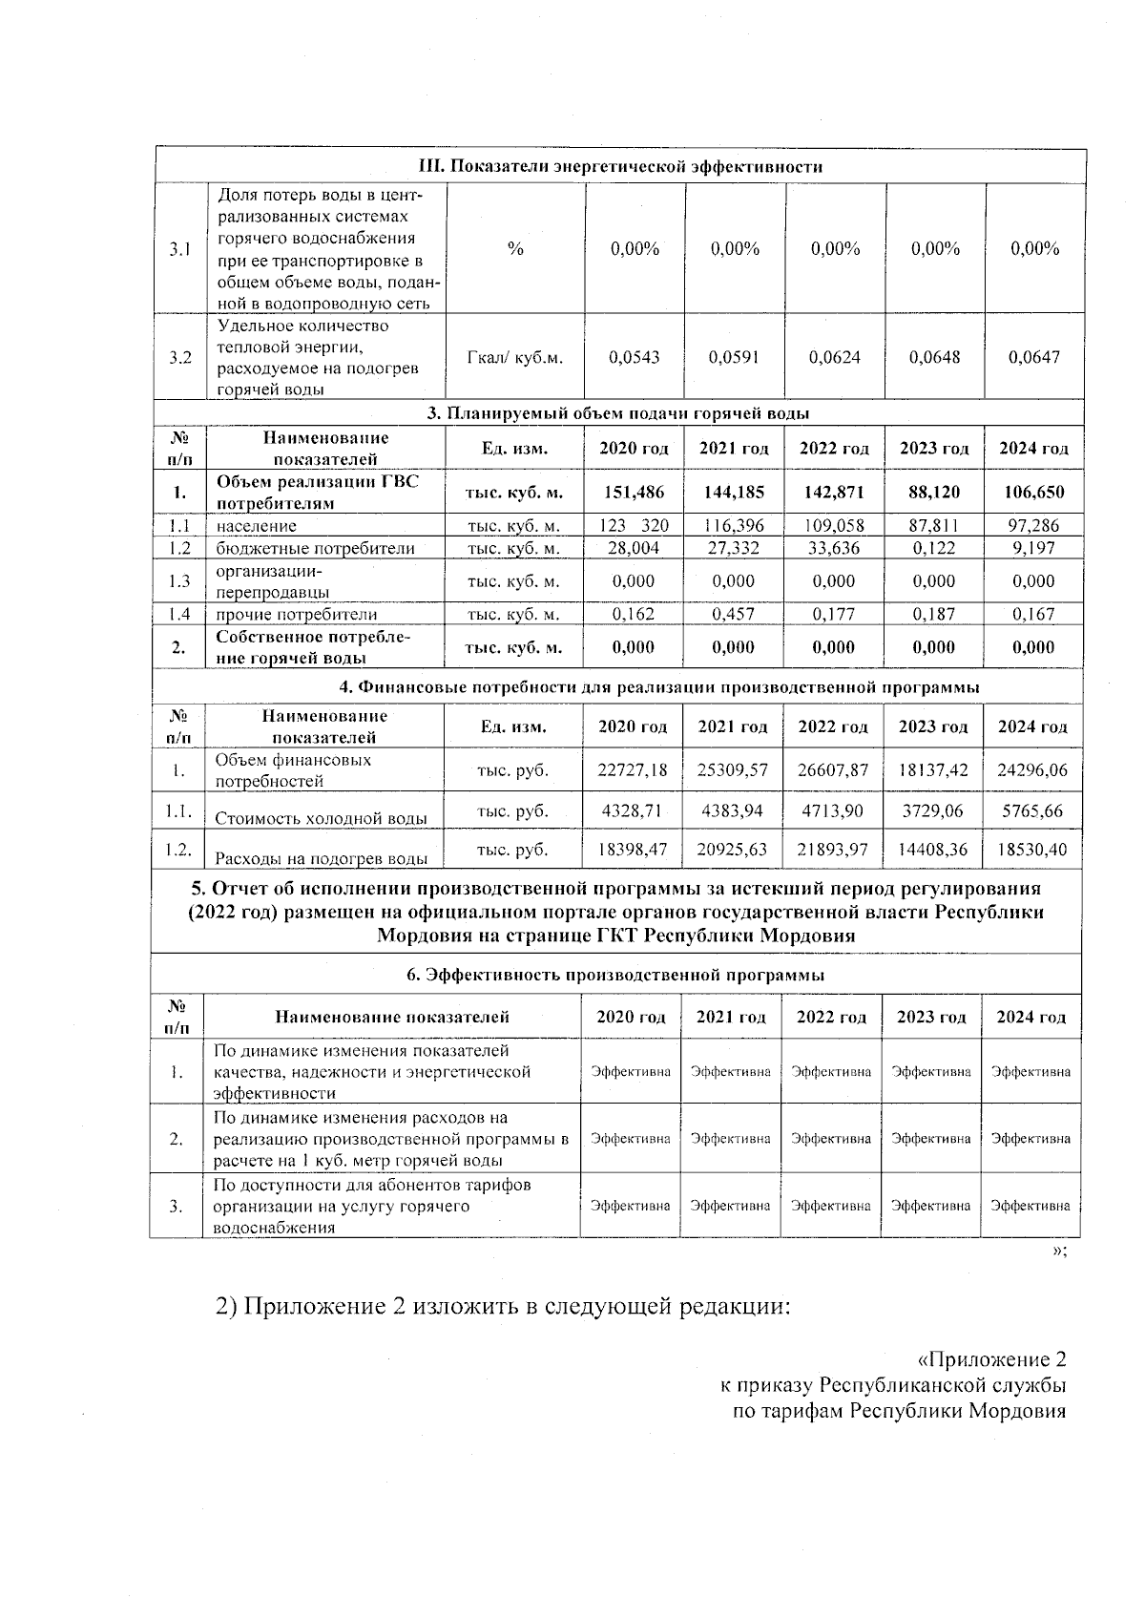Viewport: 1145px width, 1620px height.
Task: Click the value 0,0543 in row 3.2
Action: coord(635,358)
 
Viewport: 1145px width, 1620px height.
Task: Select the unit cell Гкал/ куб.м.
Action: coord(515,358)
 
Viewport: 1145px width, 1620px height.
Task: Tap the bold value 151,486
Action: coord(634,493)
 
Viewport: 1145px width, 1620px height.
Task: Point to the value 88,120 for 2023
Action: coord(933,493)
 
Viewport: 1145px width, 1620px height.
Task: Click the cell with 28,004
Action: coord(634,548)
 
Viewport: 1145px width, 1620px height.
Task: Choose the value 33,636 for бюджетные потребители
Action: coord(833,548)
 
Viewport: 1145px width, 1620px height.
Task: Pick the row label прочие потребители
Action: coord(297,615)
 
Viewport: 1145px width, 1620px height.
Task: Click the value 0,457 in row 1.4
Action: coord(733,615)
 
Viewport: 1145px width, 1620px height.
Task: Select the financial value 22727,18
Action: coord(632,769)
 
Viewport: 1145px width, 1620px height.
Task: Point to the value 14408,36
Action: coord(932,850)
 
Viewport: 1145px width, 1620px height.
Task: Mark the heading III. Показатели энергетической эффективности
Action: coord(621,167)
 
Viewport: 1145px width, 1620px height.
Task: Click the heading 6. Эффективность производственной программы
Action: coord(615,976)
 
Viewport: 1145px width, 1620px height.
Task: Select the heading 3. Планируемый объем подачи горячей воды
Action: coord(618,413)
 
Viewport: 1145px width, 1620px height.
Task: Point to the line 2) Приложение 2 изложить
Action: coord(503,1306)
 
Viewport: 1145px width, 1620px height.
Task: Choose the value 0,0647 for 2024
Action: coord(1034,358)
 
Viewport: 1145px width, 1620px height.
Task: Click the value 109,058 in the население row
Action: coord(833,526)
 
